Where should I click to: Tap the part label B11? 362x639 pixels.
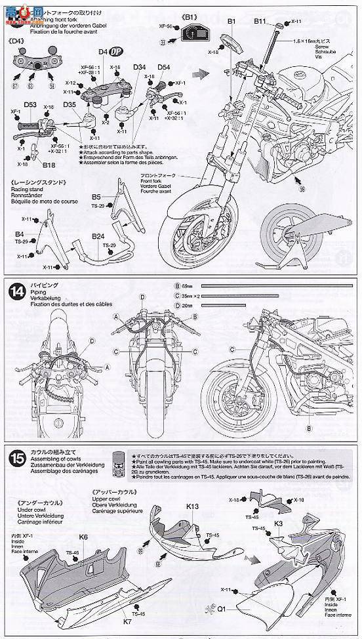pos(260,22)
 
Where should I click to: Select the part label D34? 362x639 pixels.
pos(139,67)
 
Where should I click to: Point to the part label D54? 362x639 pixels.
pos(164,67)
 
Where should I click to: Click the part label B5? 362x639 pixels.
pos(96,196)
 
